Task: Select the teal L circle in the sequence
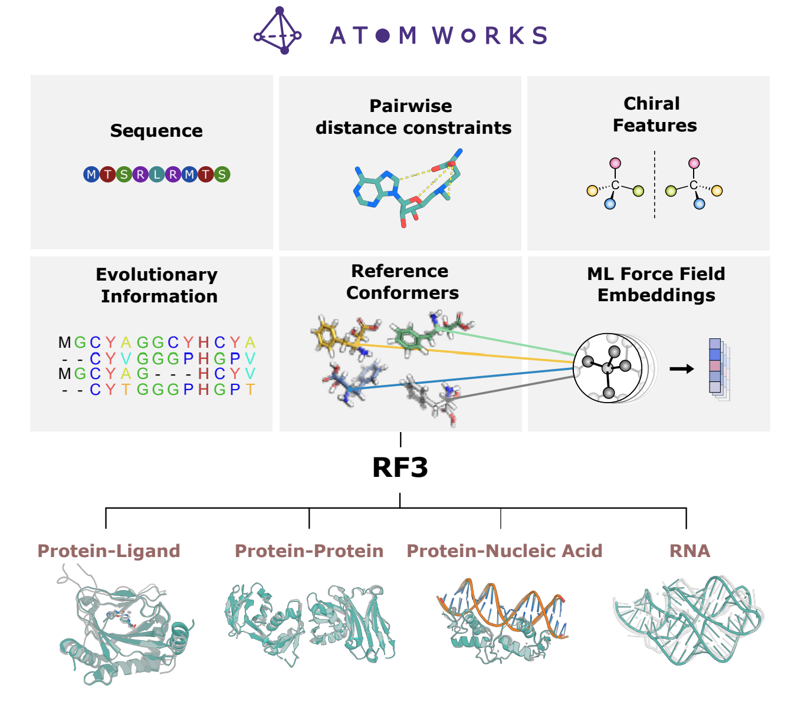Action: [156, 174]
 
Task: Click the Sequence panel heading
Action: [156, 131]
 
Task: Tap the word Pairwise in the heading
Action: [411, 106]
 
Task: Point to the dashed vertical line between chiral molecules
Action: [654, 185]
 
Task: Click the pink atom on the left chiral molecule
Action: [615, 163]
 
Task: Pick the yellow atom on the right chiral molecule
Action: [717, 190]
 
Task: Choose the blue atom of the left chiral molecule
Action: [610, 204]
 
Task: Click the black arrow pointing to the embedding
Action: [681, 369]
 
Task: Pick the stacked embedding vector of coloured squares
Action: [717, 369]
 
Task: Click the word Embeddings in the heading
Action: [656, 295]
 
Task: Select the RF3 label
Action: [400, 467]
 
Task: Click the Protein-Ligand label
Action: [109, 551]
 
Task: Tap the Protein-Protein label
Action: [309, 551]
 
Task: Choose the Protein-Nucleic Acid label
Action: [504, 551]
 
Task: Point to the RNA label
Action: [690, 551]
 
